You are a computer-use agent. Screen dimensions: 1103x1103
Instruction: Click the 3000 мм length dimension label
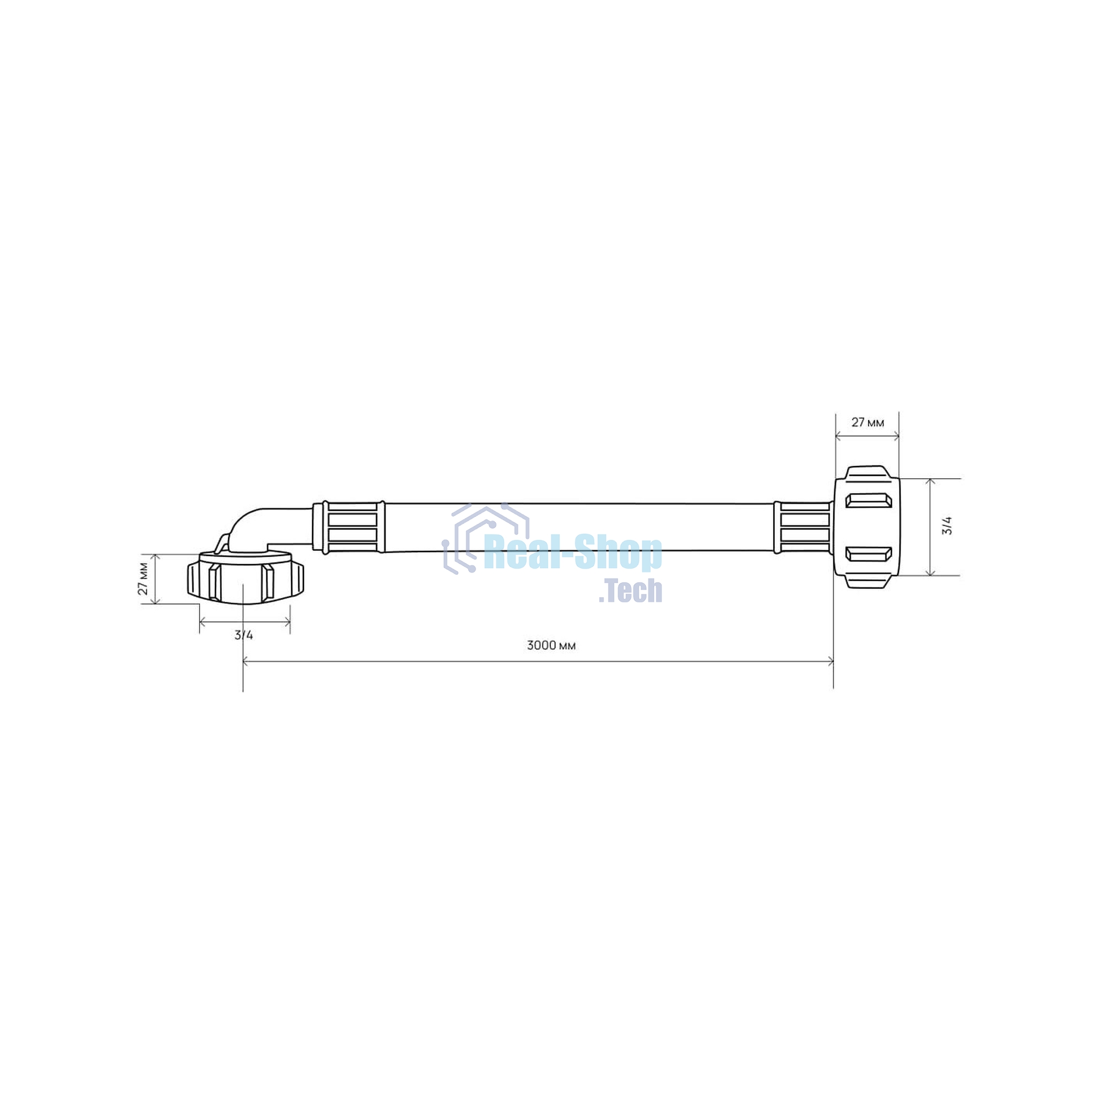click(551, 646)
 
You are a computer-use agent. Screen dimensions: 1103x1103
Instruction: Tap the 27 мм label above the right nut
click(867, 422)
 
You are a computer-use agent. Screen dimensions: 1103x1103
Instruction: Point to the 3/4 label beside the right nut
click(947, 526)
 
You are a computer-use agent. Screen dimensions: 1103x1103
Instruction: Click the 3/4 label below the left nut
click(244, 634)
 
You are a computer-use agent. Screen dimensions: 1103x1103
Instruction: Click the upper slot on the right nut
click(868, 500)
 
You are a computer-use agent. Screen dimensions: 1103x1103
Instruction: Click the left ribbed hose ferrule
click(348, 527)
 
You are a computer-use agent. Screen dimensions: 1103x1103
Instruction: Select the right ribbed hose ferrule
click(802, 527)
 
